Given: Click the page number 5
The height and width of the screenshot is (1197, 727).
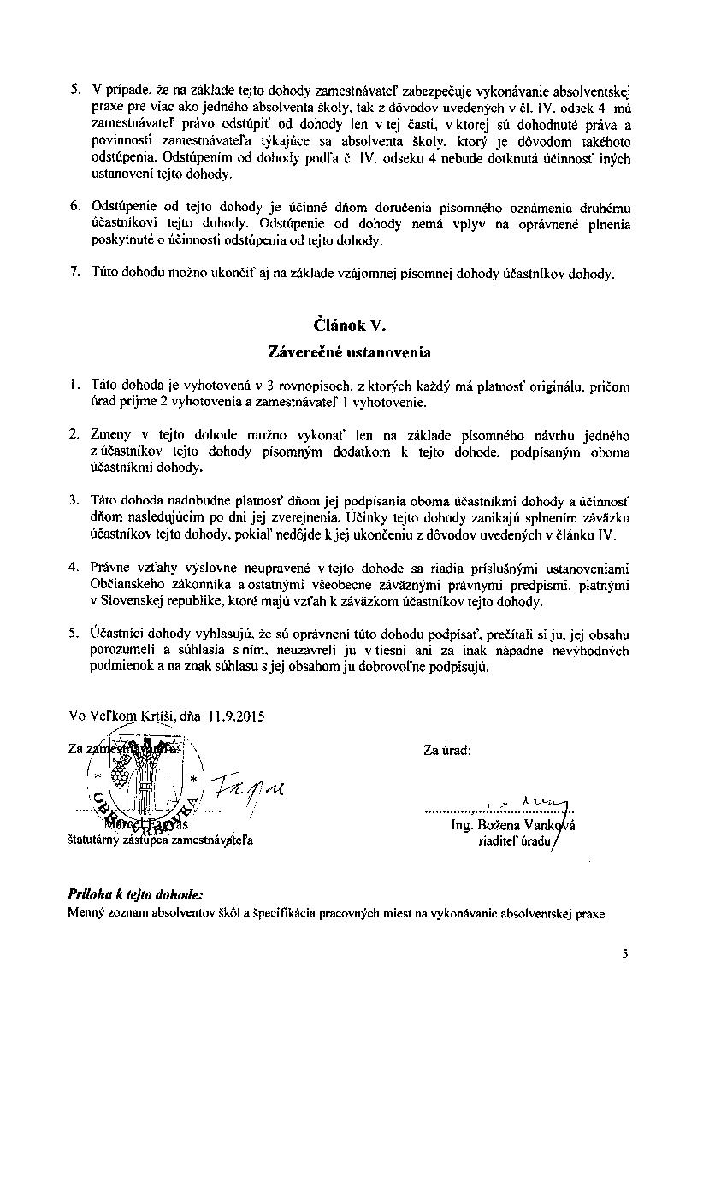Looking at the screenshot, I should click(625, 954).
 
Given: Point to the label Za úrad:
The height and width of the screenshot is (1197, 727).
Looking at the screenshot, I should click(447, 751).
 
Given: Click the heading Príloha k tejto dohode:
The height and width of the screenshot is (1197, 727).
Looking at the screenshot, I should click(135, 894).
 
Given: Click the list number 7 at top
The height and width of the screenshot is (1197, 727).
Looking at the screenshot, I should click(75, 274).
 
